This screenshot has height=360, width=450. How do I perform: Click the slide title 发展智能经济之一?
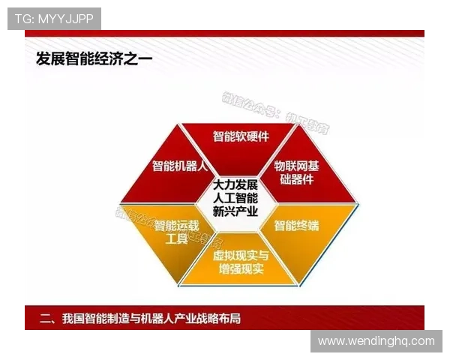(94, 58)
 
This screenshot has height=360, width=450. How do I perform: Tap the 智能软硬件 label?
(241, 136)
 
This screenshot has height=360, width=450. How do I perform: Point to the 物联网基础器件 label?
(296, 172)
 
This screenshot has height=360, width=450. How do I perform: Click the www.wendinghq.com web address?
(376, 341)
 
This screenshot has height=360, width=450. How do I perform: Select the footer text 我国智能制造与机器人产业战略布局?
(150, 319)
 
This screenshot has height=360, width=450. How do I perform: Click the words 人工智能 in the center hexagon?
(235, 198)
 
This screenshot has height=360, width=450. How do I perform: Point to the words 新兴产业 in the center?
(235, 211)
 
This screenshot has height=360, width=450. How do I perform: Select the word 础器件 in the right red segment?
(295, 178)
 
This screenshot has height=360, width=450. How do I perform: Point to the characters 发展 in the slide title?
(51, 58)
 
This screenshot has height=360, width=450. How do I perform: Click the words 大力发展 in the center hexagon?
(235, 184)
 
